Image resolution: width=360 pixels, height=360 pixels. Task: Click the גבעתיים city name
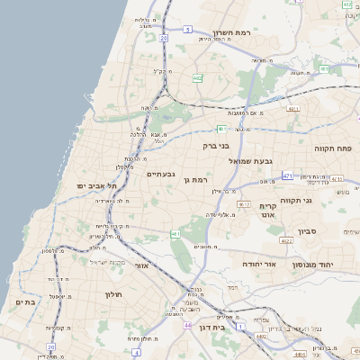160,174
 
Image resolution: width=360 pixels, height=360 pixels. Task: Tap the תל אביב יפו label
92,185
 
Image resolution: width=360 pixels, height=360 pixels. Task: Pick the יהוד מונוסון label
310,265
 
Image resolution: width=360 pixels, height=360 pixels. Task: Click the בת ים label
25,302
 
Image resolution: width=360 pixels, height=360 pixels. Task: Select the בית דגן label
211,328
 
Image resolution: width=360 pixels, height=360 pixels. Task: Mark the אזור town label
139,267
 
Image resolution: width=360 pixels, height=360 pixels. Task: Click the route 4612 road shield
243,205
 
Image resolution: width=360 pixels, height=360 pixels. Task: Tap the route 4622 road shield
286,240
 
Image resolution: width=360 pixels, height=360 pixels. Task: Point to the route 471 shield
287,175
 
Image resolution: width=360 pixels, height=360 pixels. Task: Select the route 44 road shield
186,324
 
